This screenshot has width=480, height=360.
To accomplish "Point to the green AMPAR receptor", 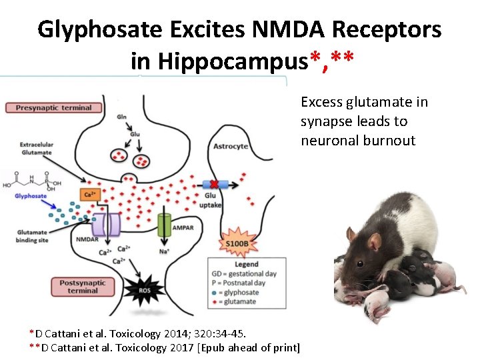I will [x=164, y=224].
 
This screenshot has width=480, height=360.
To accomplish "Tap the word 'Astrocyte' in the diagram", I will [x=230, y=146].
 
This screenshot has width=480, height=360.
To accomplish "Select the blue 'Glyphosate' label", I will [x=31, y=196].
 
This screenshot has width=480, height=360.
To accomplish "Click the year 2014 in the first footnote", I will [x=173, y=333].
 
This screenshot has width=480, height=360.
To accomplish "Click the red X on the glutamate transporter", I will [x=215, y=184].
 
